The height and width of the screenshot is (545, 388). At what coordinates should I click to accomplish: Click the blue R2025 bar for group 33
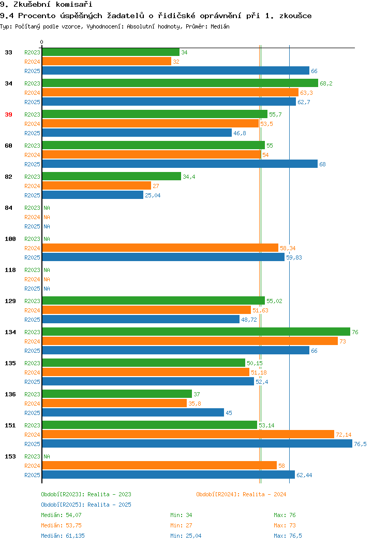click(x=175, y=71)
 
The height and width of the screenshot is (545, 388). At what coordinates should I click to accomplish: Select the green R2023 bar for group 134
click(x=196, y=332)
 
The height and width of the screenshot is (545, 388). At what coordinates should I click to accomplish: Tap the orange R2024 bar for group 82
click(x=96, y=186)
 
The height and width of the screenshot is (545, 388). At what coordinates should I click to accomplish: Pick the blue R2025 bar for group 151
click(x=197, y=444)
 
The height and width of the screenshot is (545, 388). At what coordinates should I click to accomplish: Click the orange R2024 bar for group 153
click(x=159, y=465)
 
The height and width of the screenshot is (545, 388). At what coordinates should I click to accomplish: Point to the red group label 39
click(x=9, y=114)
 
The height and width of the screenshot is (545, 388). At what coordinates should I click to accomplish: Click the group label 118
click(x=10, y=270)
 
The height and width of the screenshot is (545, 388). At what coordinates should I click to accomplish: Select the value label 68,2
click(x=326, y=83)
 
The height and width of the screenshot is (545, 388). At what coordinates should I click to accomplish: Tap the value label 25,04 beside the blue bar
click(x=153, y=195)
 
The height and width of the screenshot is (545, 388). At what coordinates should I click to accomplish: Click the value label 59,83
click(x=294, y=257)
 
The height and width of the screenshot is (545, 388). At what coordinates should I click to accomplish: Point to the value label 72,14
click(x=344, y=435)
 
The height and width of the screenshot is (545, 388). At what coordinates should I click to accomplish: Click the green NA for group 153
click(x=47, y=456)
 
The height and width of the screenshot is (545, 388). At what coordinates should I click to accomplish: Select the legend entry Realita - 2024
click(x=241, y=494)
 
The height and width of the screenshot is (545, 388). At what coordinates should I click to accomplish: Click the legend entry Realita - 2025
click(x=86, y=505)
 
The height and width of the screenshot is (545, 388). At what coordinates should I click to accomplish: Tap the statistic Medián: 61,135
click(x=63, y=536)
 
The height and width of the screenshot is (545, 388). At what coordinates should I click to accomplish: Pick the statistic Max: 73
click(x=285, y=525)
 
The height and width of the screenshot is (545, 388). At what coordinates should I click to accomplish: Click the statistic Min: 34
click(x=181, y=515)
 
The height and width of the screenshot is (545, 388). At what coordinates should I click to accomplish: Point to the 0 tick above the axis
click(x=42, y=42)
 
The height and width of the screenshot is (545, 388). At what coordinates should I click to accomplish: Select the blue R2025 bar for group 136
click(x=133, y=412)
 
